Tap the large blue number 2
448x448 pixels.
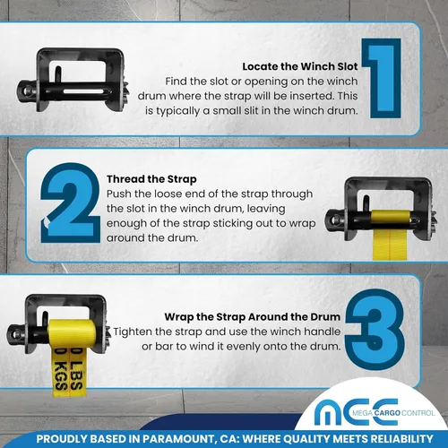click(71, 203)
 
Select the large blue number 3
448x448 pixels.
click(375, 330)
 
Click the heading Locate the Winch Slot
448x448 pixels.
click(300, 66)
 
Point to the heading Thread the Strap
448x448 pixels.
click(151, 179)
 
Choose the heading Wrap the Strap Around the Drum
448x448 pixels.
click(253, 316)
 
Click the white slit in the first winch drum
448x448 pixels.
click(83, 91)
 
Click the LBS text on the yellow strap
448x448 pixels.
click(76, 371)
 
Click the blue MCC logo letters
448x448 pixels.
click(357, 412)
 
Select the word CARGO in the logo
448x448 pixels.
click(387, 413)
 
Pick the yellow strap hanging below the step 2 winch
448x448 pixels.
click(390, 245)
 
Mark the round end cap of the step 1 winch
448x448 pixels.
click(26, 90)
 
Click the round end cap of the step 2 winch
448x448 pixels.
click(334, 220)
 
